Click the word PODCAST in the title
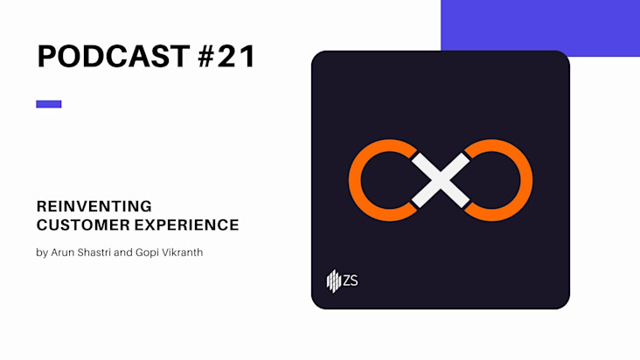114,56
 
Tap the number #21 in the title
227,56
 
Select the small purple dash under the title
49,104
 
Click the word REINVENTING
94,206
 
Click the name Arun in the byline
62,253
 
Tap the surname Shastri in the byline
94,253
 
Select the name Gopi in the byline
147,253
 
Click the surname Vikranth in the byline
183,253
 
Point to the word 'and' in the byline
123,253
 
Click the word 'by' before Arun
42,253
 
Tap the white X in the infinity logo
441,180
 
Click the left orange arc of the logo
354,180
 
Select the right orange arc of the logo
526,180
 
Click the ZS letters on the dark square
351,280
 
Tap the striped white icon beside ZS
333,280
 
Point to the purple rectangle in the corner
540,25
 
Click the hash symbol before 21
207,56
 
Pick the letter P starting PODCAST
45,56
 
